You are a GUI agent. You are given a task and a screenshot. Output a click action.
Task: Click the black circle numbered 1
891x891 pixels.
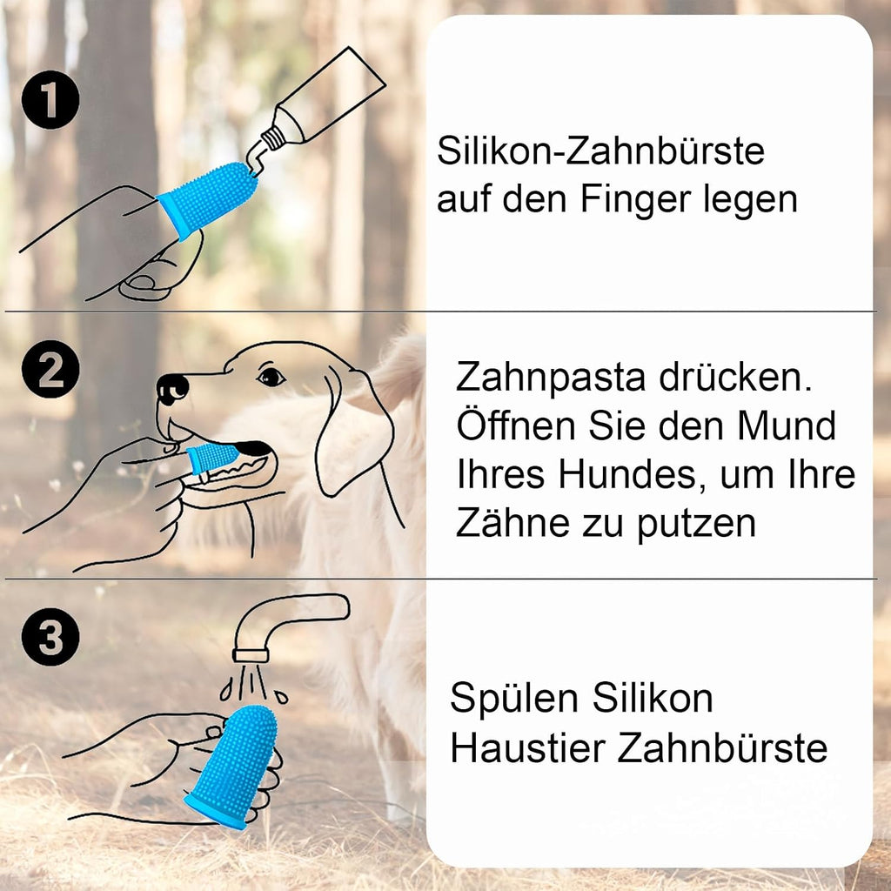[50, 99]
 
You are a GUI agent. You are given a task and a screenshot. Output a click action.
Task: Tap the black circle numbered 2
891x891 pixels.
[50, 369]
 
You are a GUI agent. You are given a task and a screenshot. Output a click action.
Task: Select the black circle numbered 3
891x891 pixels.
[50, 636]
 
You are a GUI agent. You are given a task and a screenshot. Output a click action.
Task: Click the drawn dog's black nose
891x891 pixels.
[172, 389]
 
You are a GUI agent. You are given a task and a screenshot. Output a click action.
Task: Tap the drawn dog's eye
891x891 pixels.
[271, 376]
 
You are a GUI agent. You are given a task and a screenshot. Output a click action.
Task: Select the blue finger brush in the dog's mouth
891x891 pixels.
[213, 457]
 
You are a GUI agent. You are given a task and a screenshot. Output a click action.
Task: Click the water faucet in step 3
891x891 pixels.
[285, 625]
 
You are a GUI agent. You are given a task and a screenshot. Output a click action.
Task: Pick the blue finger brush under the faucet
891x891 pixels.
[233, 767]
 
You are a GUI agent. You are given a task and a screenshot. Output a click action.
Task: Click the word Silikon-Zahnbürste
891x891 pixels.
[600, 151]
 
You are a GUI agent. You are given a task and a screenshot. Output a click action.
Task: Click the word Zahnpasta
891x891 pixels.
[551, 379]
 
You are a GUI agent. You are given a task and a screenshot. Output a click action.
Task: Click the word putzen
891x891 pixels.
[697, 524]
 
